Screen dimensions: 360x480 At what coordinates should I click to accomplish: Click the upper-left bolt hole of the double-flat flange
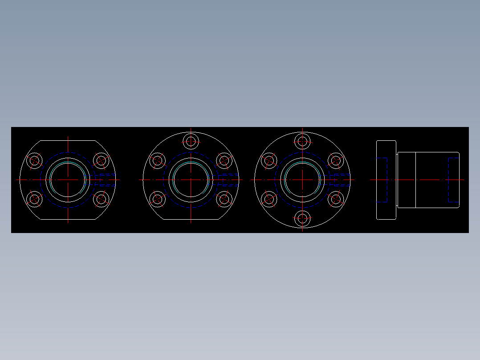click(34, 160)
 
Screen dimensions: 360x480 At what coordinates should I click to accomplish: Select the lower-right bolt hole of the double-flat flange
click(102, 199)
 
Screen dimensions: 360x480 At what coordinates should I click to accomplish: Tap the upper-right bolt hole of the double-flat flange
click(102, 160)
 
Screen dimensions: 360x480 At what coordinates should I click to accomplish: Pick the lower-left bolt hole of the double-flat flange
click(34, 199)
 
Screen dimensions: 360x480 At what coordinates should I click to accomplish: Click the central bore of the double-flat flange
click(68, 180)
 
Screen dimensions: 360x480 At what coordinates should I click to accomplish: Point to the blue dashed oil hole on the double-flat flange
click(107, 180)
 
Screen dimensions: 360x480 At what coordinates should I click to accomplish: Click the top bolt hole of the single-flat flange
click(191, 142)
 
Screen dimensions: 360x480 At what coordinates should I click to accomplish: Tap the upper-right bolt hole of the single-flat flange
click(224, 160)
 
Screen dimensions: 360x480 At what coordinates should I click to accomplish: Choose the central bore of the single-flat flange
click(191, 180)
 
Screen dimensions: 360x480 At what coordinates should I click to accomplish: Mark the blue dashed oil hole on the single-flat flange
click(229, 180)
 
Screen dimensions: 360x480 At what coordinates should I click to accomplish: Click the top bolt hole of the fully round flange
click(303, 142)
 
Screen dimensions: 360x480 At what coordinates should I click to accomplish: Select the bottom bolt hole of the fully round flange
click(303, 218)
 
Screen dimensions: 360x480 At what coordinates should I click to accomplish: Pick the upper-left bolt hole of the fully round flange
click(269, 160)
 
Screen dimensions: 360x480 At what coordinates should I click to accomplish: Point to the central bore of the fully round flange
click(303, 180)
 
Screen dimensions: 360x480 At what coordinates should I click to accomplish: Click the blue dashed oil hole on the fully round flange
click(341, 180)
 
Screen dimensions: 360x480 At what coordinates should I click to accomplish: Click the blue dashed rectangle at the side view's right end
click(453, 180)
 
